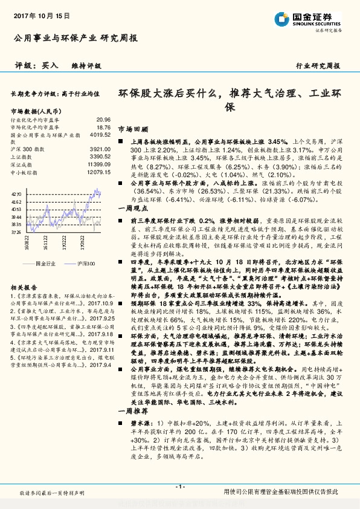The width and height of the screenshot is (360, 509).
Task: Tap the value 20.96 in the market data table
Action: (103, 120)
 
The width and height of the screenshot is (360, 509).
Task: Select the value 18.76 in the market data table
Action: (103, 128)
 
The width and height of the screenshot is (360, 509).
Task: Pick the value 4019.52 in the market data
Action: (100, 135)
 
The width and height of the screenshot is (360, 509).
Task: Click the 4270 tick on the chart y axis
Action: (17, 194)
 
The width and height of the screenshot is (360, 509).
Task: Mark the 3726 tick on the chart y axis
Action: (17, 232)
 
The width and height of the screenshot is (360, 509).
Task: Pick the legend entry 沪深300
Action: (85, 264)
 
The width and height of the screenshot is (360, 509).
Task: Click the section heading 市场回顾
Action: (132, 129)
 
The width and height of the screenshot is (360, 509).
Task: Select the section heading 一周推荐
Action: (132, 427)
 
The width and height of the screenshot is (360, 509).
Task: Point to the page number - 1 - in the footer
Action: (179, 487)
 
